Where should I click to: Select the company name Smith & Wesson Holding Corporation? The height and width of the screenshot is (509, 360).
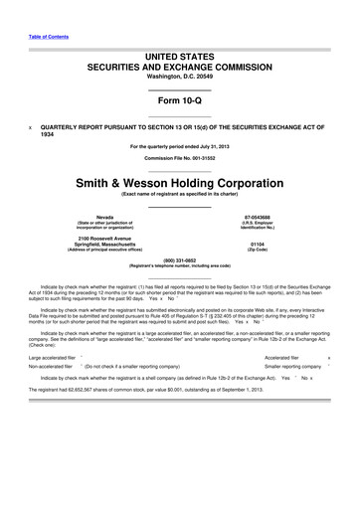[180, 183]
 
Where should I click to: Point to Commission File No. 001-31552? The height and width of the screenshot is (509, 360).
[180, 158]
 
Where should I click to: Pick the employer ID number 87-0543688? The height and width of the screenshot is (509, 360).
[257, 216]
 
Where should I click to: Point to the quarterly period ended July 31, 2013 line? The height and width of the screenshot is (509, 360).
[180, 146]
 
